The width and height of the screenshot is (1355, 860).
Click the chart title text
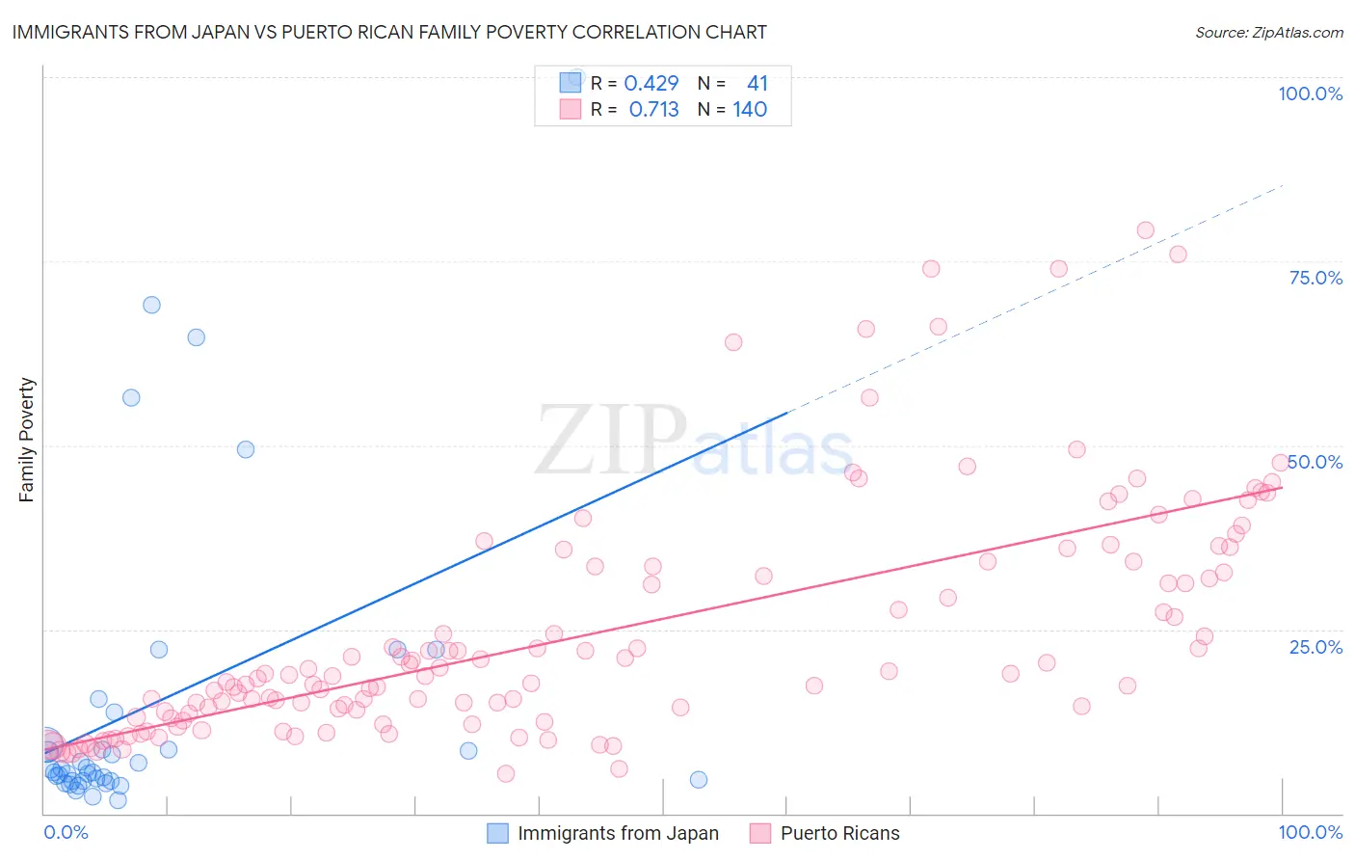pyautogui.click(x=389, y=32)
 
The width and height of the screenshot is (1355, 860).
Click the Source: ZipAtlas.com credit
pyautogui.click(x=1268, y=32)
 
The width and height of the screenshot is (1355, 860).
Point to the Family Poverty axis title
pyautogui.click(x=27, y=440)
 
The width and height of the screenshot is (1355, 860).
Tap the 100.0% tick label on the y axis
pyautogui.click(x=1310, y=94)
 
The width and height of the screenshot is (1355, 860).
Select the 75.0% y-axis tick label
pyautogui.click(x=1315, y=278)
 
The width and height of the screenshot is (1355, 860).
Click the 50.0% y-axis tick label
pyautogui.click(x=1315, y=462)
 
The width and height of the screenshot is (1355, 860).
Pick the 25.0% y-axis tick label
pyautogui.click(x=1315, y=647)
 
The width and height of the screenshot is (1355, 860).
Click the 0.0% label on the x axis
pyautogui.click(x=66, y=832)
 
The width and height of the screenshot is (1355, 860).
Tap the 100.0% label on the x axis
pyautogui.click(x=1310, y=832)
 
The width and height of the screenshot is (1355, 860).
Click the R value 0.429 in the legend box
pyautogui.click(x=651, y=84)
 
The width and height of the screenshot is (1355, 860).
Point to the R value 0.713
pyautogui.click(x=653, y=110)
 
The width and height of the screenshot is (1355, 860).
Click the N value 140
pyautogui.click(x=750, y=110)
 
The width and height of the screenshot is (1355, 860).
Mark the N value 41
pyautogui.click(x=757, y=84)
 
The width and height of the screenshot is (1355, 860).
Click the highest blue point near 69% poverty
pyautogui.click(x=151, y=305)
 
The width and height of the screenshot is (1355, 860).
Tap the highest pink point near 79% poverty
pyautogui.click(x=1145, y=230)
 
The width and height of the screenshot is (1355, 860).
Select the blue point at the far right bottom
pyautogui.click(x=699, y=780)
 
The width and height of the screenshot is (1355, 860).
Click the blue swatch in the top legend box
pyautogui.click(x=571, y=84)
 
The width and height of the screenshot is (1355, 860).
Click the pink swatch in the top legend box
pyautogui.click(x=571, y=110)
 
